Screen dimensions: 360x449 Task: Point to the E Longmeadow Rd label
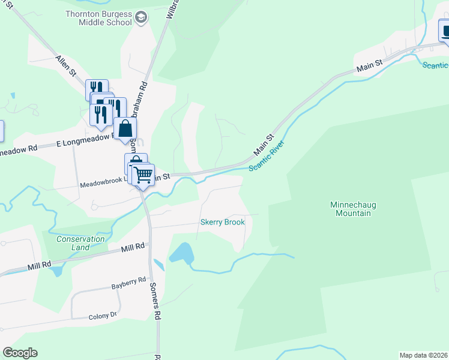pyautogui.click(x=84, y=141)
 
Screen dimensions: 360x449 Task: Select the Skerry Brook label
pyautogui.click(x=223, y=222)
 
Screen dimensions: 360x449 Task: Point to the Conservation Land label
pyautogui.click(x=80, y=243)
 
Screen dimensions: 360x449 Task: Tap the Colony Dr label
pyautogui.click(x=103, y=316)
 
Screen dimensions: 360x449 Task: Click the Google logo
pyautogui.click(x=20, y=352)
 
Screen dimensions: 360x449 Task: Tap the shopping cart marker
pyautogui.click(x=143, y=175)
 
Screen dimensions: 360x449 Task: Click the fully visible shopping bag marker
pyautogui.click(x=125, y=129)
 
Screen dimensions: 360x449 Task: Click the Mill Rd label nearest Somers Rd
pyautogui.click(x=133, y=247)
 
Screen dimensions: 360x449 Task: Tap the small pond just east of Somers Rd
pyautogui.click(x=158, y=265)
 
